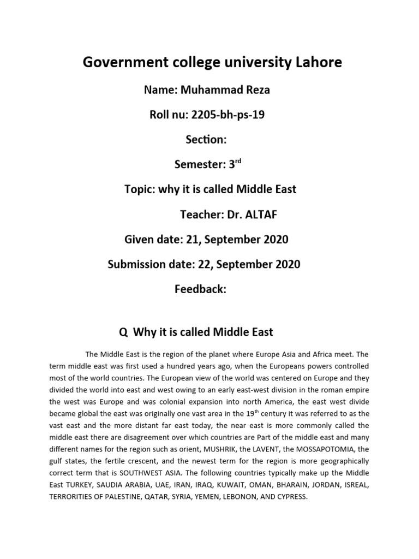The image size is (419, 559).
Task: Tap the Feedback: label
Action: (x=200, y=289)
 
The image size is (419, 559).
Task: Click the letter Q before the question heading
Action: (x=123, y=332)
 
